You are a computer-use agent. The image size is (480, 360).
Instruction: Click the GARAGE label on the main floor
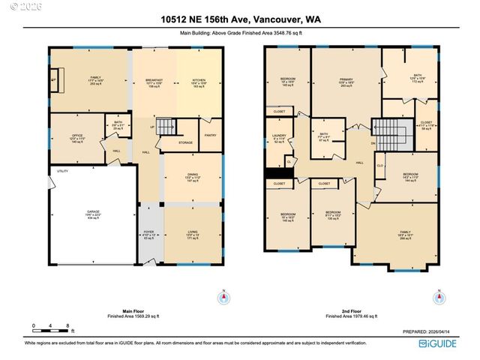92,213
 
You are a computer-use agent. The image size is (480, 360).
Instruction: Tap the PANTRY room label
211,135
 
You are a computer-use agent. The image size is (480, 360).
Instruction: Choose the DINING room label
193,178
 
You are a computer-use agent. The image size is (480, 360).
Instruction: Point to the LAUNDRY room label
280,137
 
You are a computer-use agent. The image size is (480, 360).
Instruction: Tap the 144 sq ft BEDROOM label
411,178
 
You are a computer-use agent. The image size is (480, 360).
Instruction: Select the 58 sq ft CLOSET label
425,124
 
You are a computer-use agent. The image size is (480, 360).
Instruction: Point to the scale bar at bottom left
51,328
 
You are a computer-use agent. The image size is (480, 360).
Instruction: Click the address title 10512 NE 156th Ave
239,20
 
